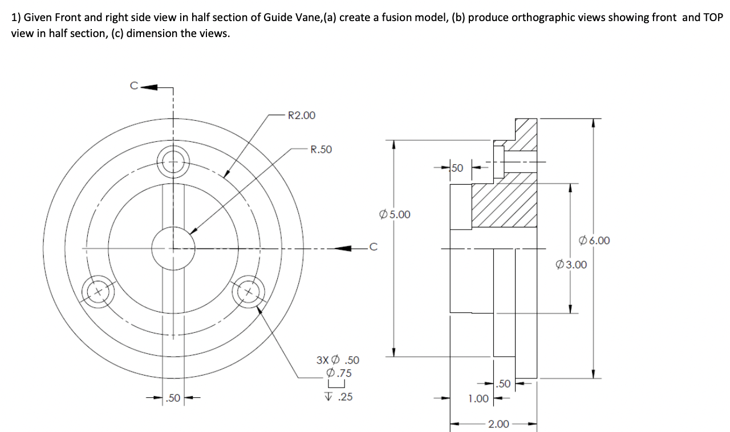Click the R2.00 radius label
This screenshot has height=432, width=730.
point(301,116)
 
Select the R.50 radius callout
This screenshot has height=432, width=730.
point(321,150)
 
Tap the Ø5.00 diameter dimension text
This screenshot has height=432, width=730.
point(394,215)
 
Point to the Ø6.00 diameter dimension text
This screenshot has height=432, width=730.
point(594,241)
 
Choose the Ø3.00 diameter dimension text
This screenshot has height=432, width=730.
point(571,264)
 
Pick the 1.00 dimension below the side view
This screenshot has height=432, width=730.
point(478,398)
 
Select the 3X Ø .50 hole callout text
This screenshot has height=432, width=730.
point(338,360)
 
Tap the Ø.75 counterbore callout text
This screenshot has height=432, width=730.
point(338,374)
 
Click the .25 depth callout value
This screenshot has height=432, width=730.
point(344,397)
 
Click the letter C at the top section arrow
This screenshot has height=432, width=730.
point(134,87)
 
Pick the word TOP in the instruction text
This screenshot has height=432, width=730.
point(712,17)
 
